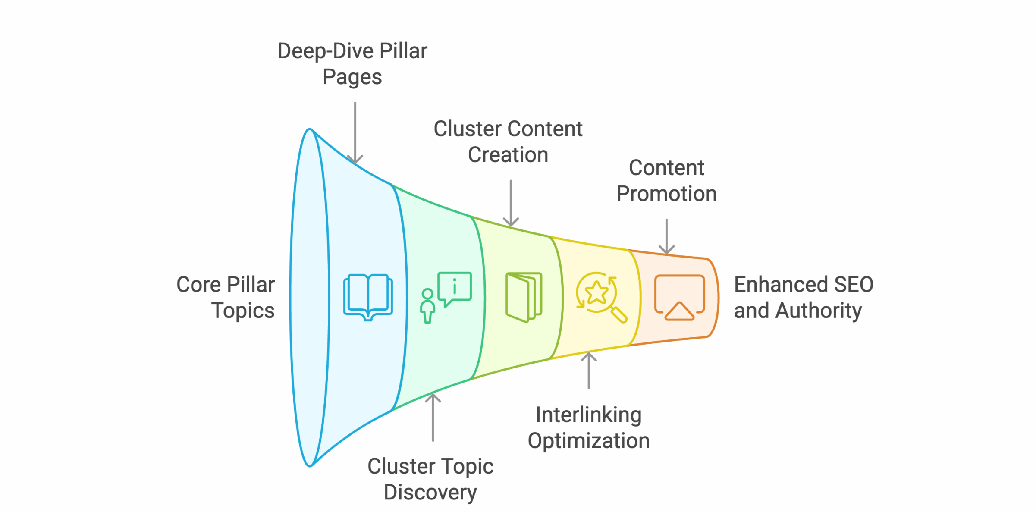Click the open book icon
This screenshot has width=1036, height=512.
(368, 297)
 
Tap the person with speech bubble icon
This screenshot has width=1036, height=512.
(446, 297)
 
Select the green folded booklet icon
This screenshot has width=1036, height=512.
(524, 297)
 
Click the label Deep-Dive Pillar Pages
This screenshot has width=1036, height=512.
(352, 64)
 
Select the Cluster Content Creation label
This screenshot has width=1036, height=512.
(508, 142)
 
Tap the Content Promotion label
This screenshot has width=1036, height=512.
(666, 181)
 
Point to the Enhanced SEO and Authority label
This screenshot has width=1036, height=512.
(803, 298)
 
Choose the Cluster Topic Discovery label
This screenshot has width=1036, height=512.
(430, 479)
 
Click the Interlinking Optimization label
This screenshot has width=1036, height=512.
(588, 427)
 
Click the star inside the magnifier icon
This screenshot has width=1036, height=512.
(596, 292)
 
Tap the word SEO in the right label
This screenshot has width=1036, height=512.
(854, 285)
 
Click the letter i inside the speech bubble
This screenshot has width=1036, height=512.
(454, 286)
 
